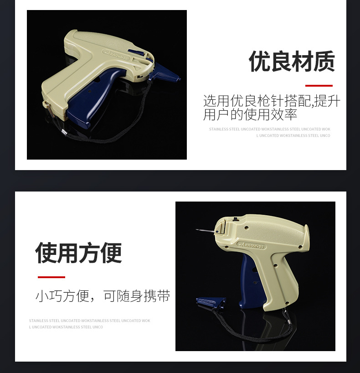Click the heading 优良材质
point(292,62)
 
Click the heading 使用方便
point(78,253)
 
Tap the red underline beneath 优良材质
point(319,85)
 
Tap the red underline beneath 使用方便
point(51,277)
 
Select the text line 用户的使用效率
point(250,114)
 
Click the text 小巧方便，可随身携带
point(103,296)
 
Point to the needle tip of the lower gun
point(197,230)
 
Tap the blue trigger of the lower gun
point(247,278)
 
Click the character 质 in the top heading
point(324,62)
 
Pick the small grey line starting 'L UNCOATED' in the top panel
point(293,135)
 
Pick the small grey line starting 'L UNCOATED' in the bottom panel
point(66,327)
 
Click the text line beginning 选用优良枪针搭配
point(271,101)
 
